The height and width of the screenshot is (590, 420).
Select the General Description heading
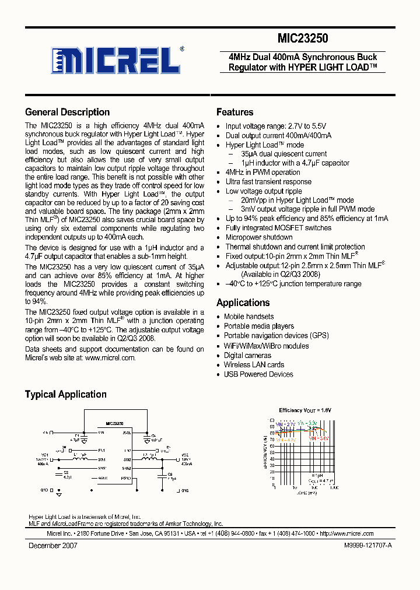(67, 113)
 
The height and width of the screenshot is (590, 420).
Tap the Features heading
(235, 113)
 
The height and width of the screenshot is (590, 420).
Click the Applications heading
(243, 303)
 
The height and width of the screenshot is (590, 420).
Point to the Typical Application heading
(65, 395)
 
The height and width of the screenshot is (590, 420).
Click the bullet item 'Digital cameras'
(247, 355)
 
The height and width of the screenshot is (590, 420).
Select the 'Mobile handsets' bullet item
(249, 317)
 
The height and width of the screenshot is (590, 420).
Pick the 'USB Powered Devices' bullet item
(258, 374)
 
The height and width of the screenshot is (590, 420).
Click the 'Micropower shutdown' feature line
(259, 237)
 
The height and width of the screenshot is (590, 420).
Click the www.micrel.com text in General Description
(110, 358)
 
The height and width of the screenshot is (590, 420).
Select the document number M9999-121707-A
(365, 546)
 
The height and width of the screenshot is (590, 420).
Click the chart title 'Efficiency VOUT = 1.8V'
(304, 410)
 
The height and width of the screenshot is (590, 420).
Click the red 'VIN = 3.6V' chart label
(320, 437)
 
